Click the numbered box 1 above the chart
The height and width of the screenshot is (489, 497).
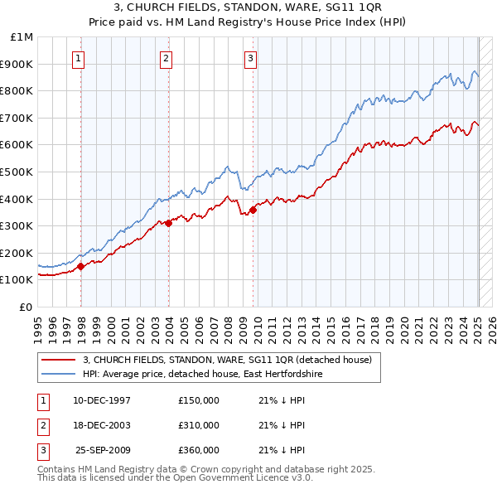[78, 58]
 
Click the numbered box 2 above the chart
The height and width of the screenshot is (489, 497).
[166, 58]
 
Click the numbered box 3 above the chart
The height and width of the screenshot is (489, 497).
[250, 58]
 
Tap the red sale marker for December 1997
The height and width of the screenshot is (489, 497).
[81, 266]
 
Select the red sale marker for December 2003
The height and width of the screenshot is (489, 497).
[168, 223]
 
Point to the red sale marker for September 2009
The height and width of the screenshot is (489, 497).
[253, 210]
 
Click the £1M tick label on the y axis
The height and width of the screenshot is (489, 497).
[23, 37]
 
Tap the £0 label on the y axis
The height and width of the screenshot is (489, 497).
[27, 307]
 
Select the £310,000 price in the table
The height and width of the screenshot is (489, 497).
[199, 425]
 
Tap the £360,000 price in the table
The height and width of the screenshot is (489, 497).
[199, 450]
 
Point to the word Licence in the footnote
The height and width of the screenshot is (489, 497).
[265, 477]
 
